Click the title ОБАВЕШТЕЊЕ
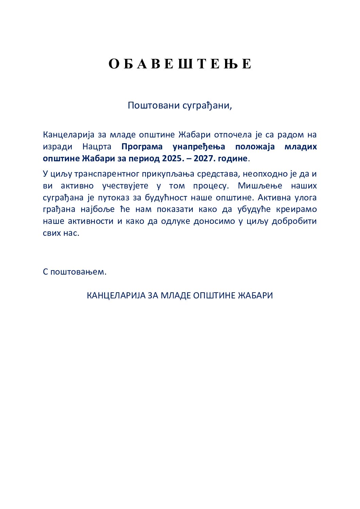click(180, 64)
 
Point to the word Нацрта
click(97, 147)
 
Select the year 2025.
click(172, 159)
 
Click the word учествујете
click(125, 186)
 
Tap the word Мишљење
click(260, 186)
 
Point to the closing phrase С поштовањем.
click(75, 272)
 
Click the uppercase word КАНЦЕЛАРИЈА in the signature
click(116, 295)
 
